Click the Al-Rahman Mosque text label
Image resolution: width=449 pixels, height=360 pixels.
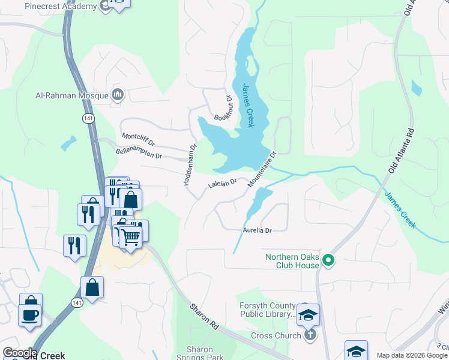point(71,95)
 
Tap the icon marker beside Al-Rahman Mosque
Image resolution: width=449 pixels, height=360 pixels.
point(118,94)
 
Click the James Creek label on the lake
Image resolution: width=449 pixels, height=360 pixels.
point(247,105)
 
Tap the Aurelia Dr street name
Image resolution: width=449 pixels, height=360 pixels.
point(258,230)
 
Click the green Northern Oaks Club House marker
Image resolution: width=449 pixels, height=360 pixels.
point(328,260)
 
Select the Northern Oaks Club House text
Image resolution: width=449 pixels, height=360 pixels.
point(292,261)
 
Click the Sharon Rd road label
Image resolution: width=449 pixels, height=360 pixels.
point(203,316)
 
